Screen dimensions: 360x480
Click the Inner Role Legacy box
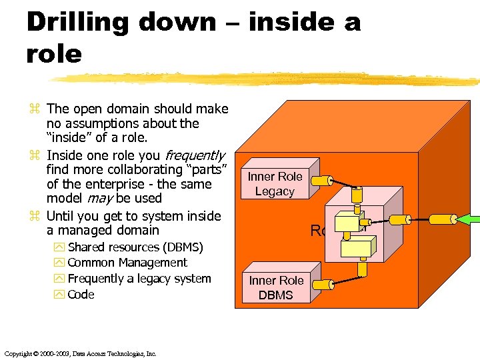click(275, 184)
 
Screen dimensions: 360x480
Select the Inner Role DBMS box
click(276, 287)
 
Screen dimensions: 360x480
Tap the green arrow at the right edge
click(470, 221)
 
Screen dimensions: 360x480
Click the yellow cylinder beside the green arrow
click(441, 219)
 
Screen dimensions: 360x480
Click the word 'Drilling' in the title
click(73, 21)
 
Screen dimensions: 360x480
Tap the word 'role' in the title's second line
click(53, 53)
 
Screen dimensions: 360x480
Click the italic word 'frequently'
click(195, 155)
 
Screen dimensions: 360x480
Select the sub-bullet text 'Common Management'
click(127, 263)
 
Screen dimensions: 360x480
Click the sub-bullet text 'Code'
click(81, 295)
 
